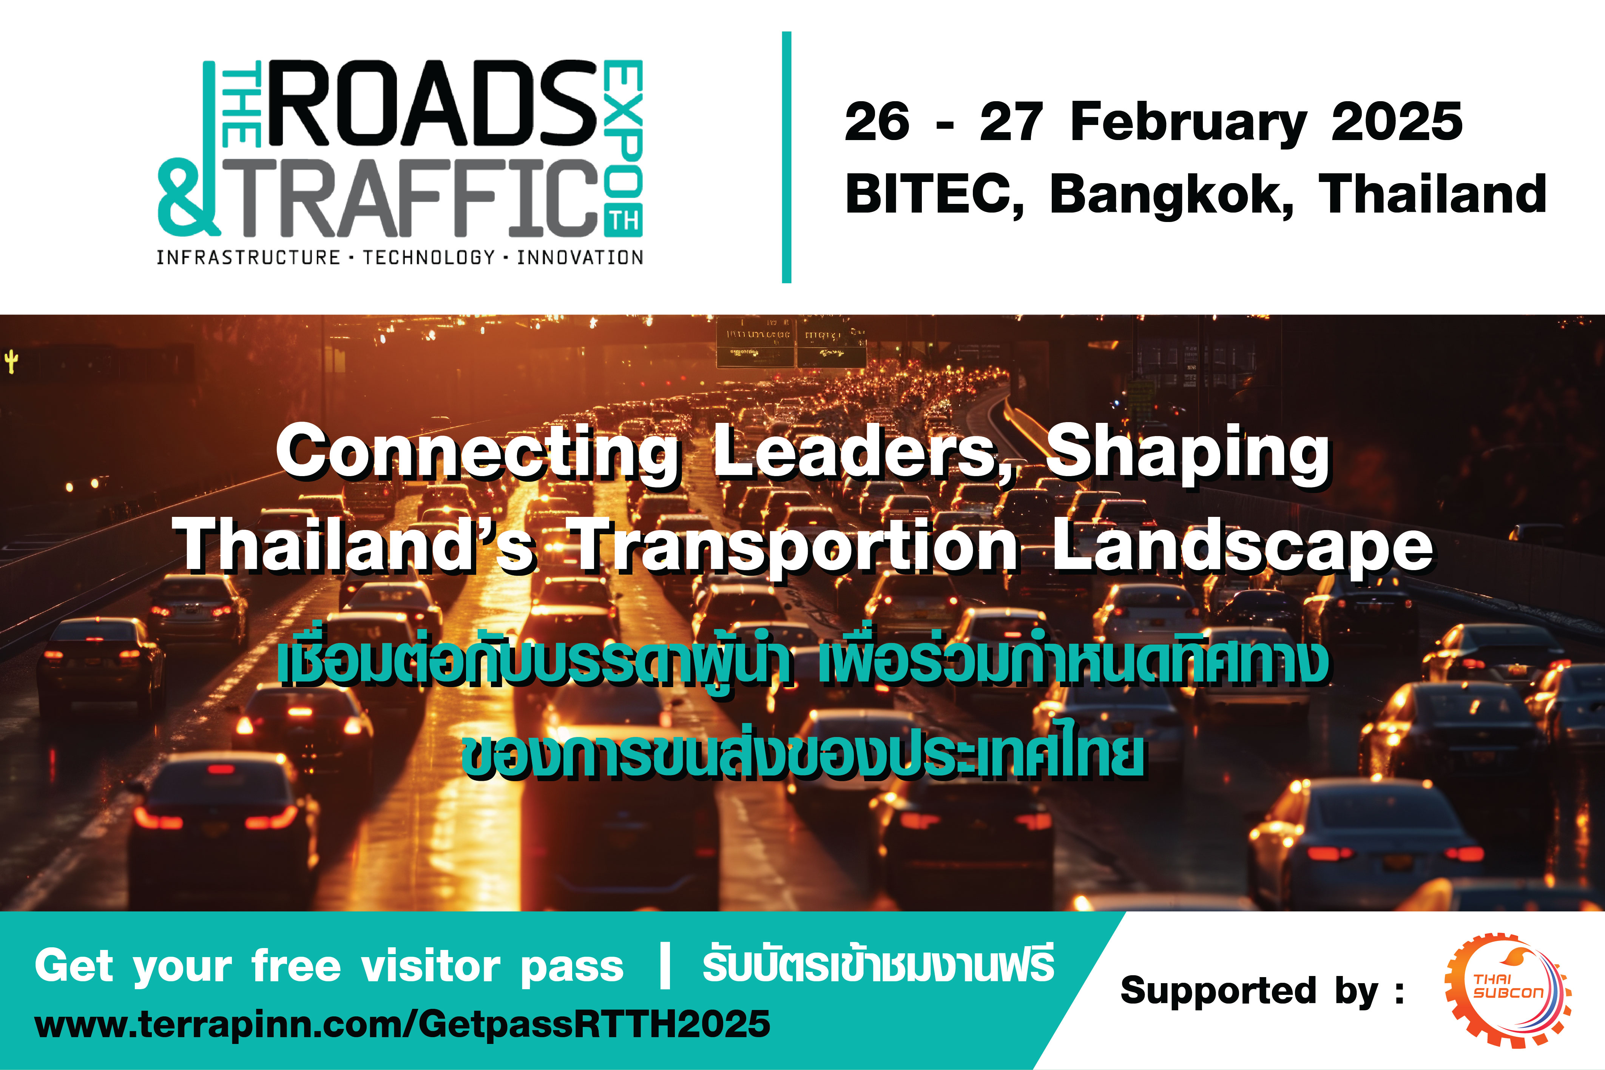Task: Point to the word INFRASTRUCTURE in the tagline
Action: (x=248, y=257)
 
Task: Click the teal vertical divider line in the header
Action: (x=787, y=157)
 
